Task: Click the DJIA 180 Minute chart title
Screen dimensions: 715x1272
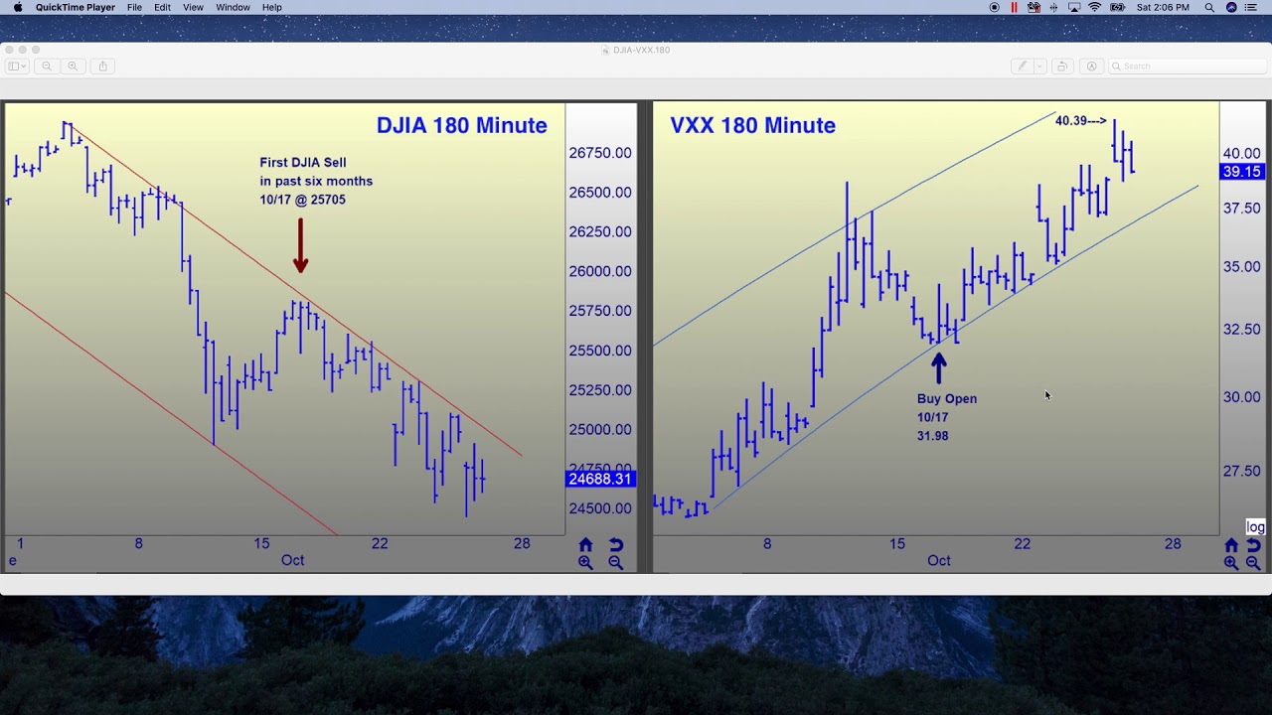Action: (x=461, y=126)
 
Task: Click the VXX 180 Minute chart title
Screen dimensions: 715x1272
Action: (x=752, y=126)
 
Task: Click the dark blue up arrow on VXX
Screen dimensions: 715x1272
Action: (x=938, y=368)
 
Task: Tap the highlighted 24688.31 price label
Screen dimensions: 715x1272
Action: (x=599, y=479)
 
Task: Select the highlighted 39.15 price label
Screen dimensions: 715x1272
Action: (x=1241, y=172)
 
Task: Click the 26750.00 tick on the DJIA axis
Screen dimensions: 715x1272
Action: (x=600, y=153)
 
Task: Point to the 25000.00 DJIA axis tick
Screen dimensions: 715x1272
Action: (x=600, y=430)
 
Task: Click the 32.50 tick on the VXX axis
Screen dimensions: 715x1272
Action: (x=1241, y=330)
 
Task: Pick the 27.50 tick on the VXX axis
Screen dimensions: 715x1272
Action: (x=1241, y=472)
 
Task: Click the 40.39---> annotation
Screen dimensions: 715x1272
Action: (x=1080, y=121)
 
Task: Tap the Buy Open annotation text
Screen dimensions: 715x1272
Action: (x=946, y=399)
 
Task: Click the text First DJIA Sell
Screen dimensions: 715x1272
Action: (x=303, y=163)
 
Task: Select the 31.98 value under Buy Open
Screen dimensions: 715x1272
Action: (x=932, y=436)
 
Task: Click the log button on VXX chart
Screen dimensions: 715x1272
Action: (x=1255, y=527)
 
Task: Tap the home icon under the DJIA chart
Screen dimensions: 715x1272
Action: (x=585, y=545)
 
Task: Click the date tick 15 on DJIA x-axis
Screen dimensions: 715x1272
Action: (x=261, y=543)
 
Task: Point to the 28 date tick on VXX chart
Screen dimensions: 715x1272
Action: (x=1173, y=544)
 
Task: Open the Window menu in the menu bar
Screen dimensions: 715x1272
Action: (x=233, y=8)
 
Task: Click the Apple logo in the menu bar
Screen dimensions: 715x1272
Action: (x=18, y=8)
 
